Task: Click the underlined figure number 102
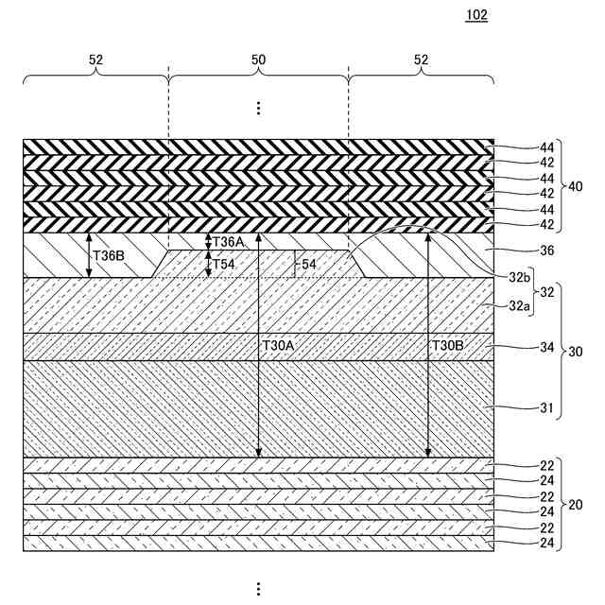[476, 16]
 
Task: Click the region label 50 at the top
[258, 60]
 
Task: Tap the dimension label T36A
[229, 242]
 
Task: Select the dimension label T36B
[108, 254]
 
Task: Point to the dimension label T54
[224, 264]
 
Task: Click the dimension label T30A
[277, 346]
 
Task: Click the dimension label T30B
[448, 346]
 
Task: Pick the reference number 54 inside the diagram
[308, 265]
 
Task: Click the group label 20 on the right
[574, 504]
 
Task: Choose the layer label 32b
[520, 276]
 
